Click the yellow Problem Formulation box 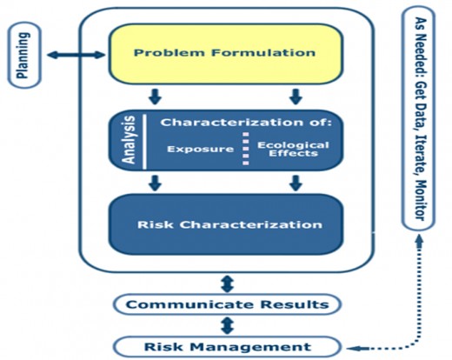[x=226, y=54]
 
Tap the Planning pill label [x=24, y=55]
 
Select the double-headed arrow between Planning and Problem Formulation [x=76, y=55]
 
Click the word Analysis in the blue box [x=129, y=140]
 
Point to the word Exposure [x=200, y=149]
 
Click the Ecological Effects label [x=293, y=149]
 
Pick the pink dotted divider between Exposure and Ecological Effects [x=246, y=149]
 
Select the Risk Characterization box [x=226, y=224]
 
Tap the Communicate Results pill [x=227, y=304]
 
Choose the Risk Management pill [x=227, y=347]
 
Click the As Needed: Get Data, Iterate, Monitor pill [x=418, y=118]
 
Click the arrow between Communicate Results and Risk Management [x=227, y=325]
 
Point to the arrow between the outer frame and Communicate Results [x=227, y=283]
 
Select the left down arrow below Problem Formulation [x=156, y=97]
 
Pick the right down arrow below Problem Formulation [x=296, y=97]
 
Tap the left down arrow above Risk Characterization [x=156, y=183]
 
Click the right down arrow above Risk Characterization [x=296, y=183]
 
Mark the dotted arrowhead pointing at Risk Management [x=354, y=348]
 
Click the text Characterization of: [x=246, y=123]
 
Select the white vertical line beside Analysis [x=144, y=142]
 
